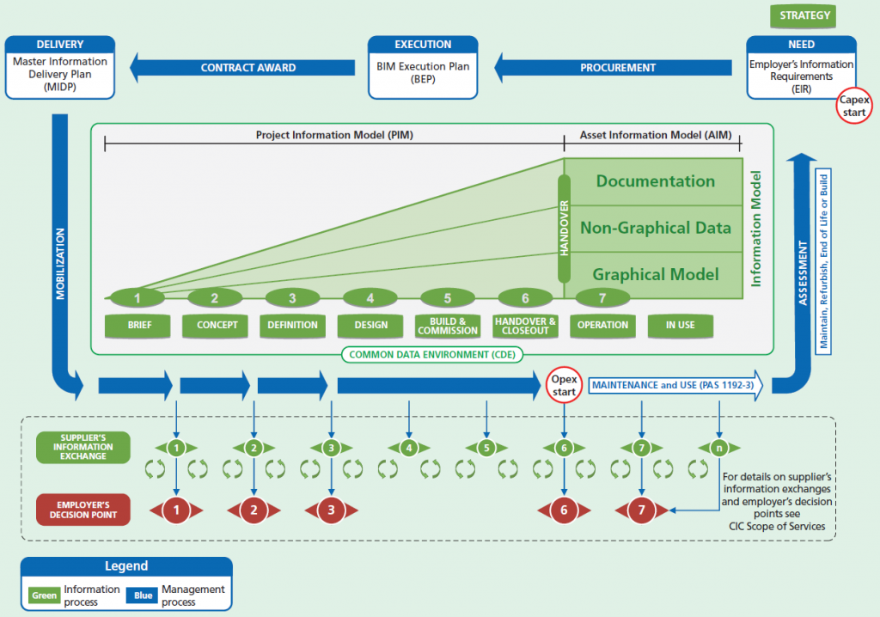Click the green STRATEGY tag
(803, 15)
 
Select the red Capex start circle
(853, 106)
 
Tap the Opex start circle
(564, 385)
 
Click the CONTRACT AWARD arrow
(242, 67)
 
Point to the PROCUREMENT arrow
(613, 67)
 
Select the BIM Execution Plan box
(423, 68)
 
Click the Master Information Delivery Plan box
(60, 68)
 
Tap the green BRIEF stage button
(138, 326)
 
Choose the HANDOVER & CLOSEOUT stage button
(525, 326)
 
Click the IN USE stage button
(681, 326)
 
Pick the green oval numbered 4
(370, 298)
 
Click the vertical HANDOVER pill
(564, 229)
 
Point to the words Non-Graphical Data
(656, 228)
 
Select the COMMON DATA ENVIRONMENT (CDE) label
(432, 355)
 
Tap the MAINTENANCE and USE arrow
(675, 385)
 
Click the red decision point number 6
(564, 510)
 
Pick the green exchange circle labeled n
(719, 448)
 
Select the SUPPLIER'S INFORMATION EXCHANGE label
(83, 448)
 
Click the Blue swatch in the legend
(142, 596)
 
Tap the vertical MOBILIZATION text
(60, 264)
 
